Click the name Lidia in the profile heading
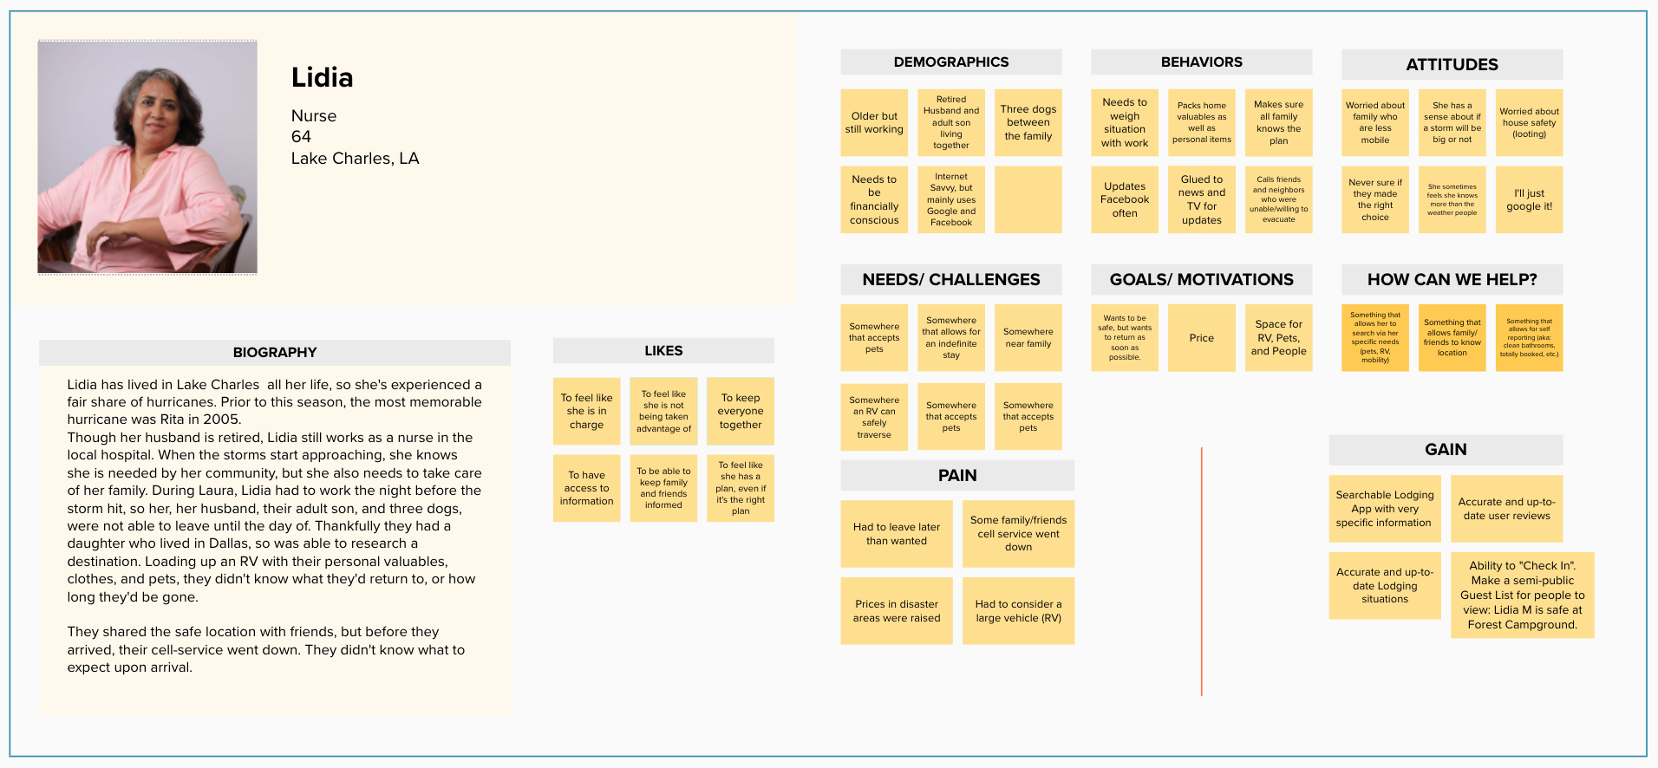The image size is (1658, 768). click(x=322, y=78)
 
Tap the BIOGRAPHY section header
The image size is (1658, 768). click(x=274, y=352)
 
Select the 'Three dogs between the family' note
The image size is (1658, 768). click(x=1028, y=122)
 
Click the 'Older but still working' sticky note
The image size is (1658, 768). click(x=874, y=122)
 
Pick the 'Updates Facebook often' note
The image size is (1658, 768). click(x=1124, y=199)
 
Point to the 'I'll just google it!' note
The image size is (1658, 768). click(x=1529, y=199)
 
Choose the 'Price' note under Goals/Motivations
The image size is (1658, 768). click(x=1201, y=337)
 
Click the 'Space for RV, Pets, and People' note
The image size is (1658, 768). click(x=1278, y=337)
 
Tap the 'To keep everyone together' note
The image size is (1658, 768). click(x=740, y=411)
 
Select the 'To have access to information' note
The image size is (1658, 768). click(x=586, y=488)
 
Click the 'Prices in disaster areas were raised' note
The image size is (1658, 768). click(x=896, y=610)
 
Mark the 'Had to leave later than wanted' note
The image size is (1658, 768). click(x=896, y=533)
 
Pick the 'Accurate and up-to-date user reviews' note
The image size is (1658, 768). click(x=1506, y=508)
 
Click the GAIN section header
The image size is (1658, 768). click(x=1446, y=449)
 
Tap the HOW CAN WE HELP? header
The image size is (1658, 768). click(x=1452, y=279)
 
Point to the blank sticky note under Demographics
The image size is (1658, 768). click(x=1028, y=199)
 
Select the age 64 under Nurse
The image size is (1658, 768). click(x=301, y=137)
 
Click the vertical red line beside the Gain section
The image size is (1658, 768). click(x=1201, y=572)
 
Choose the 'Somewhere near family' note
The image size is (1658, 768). click(x=1028, y=337)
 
